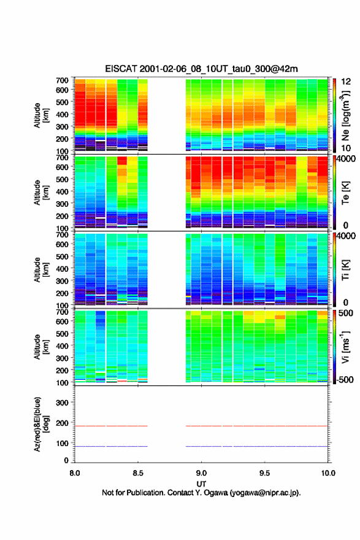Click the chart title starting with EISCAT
click(201, 69)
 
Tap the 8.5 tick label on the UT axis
click(138, 473)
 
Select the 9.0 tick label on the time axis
click(201, 473)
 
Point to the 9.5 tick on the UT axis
click(265, 473)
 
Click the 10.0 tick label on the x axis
click(328, 473)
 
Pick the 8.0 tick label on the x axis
click(75, 473)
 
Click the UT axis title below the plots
click(201, 484)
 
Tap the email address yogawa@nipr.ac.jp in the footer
click(265, 493)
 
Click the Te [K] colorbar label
click(346, 193)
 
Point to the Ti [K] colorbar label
click(346, 270)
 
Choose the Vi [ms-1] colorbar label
click(346, 347)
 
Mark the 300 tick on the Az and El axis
click(62, 403)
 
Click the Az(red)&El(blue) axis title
click(40, 424)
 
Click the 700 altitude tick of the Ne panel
click(62, 80)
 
